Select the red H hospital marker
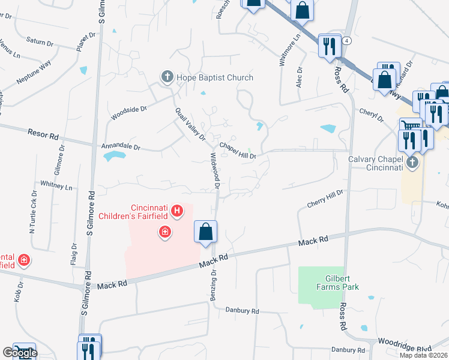coord(176,210)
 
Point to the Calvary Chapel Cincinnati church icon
coord(411,163)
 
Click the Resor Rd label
coord(43,133)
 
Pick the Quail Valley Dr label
coord(191,124)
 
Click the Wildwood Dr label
coord(214,171)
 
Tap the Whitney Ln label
coord(56,185)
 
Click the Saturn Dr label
coord(40,41)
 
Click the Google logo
coord(19,353)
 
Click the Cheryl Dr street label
coord(371,115)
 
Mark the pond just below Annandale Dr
coord(115,157)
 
